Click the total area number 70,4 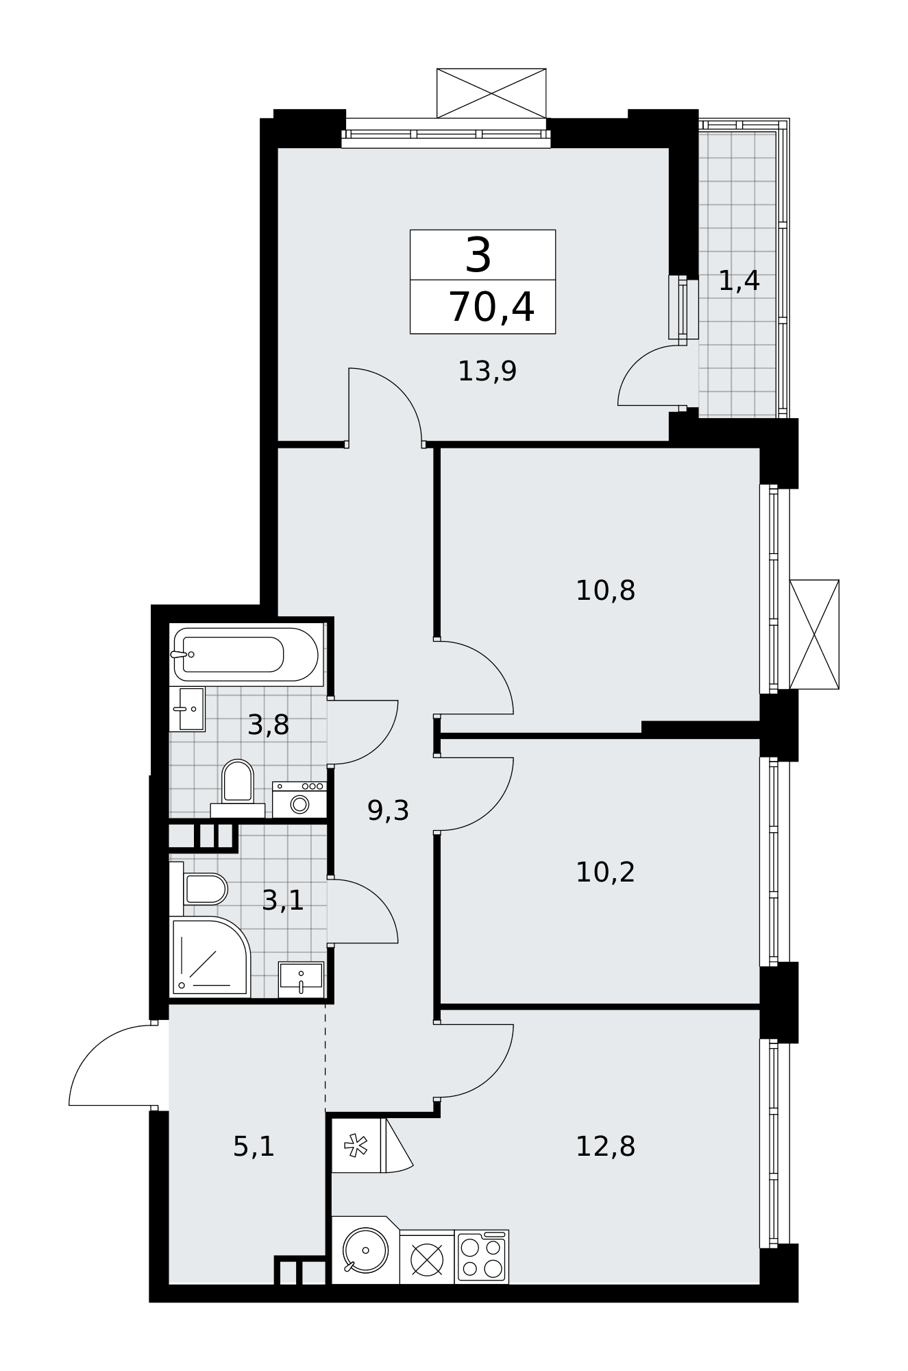coord(491,306)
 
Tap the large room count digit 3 coord(478,255)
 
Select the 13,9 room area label coord(487,372)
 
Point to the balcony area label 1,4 coord(739,280)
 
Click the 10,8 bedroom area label coord(605,590)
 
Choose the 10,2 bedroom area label coord(605,873)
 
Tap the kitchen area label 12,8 coord(605,1146)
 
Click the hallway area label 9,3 coord(388,811)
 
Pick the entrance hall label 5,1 coord(254,1146)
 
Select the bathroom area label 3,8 coord(268,725)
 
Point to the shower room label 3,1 coord(282,900)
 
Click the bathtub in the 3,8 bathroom coord(246,654)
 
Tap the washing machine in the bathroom coord(299,799)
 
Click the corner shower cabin coord(210,957)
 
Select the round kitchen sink coord(365,1250)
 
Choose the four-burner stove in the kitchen coord(482,1257)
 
